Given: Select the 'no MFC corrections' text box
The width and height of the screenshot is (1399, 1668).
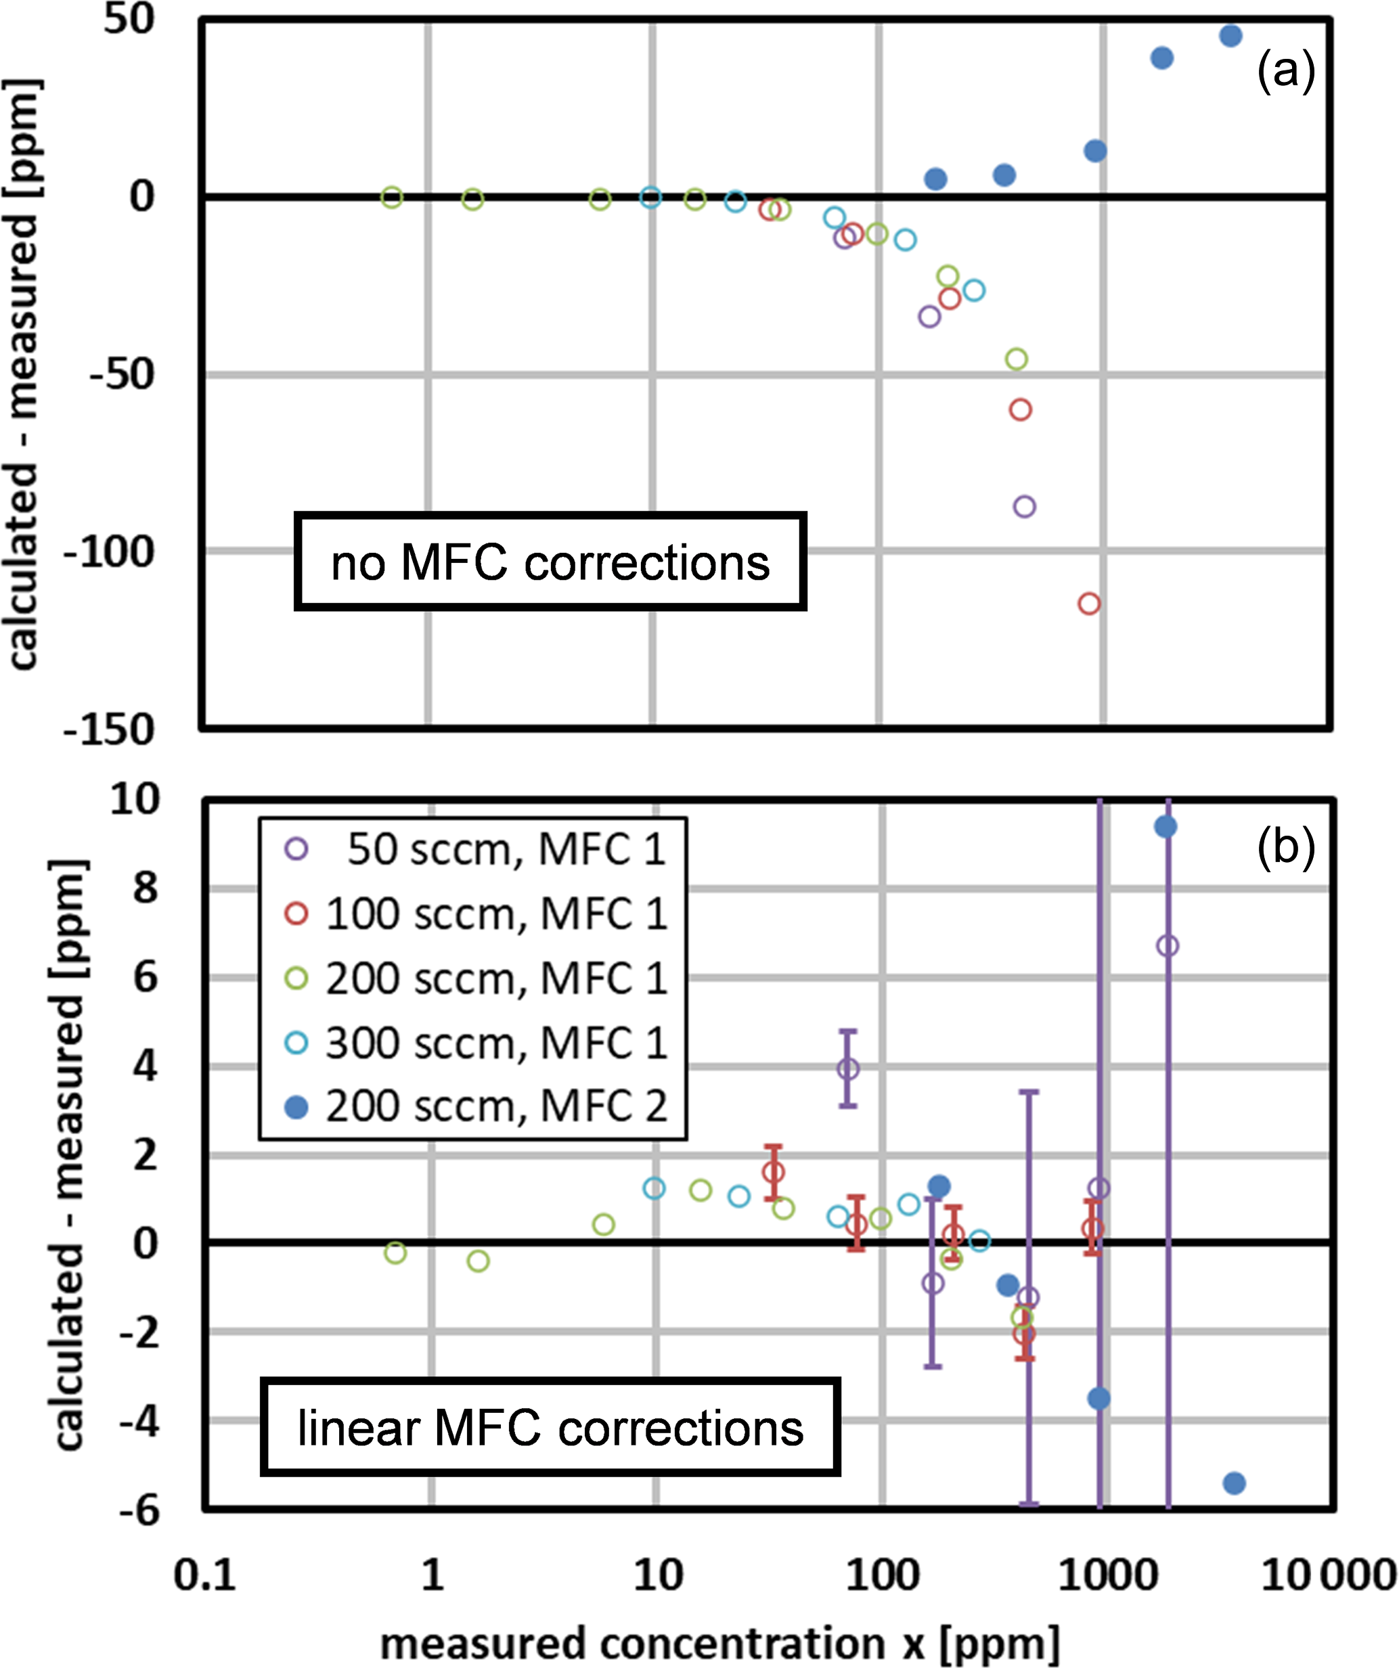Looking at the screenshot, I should click(x=550, y=562).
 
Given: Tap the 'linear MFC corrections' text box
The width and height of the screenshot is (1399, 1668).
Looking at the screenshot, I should click(x=550, y=1427).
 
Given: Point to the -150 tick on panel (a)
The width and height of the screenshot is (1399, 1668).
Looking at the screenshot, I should click(x=109, y=729).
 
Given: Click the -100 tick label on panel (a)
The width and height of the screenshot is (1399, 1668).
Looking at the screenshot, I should click(x=109, y=552).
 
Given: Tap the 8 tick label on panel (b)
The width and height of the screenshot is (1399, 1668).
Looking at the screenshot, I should click(x=146, y=888).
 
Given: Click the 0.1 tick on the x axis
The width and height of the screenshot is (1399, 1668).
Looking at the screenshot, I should click(x=205, y=1574).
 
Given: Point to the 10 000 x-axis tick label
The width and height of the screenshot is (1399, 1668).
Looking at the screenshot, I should click(x=1329, y=1574).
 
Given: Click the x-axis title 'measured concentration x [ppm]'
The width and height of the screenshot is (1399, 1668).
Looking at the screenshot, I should click(x=719, y=1642).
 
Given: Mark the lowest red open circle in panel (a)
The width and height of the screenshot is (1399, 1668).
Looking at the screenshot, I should click(x=1089, y=604).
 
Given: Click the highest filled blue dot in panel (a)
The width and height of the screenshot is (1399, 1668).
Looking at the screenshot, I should click(x=1230, y=36).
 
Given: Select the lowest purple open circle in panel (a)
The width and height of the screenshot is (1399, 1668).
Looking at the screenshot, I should click(x=1025, y=507).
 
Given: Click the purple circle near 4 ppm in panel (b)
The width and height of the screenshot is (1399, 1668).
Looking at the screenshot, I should click(x=849, y=1069).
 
